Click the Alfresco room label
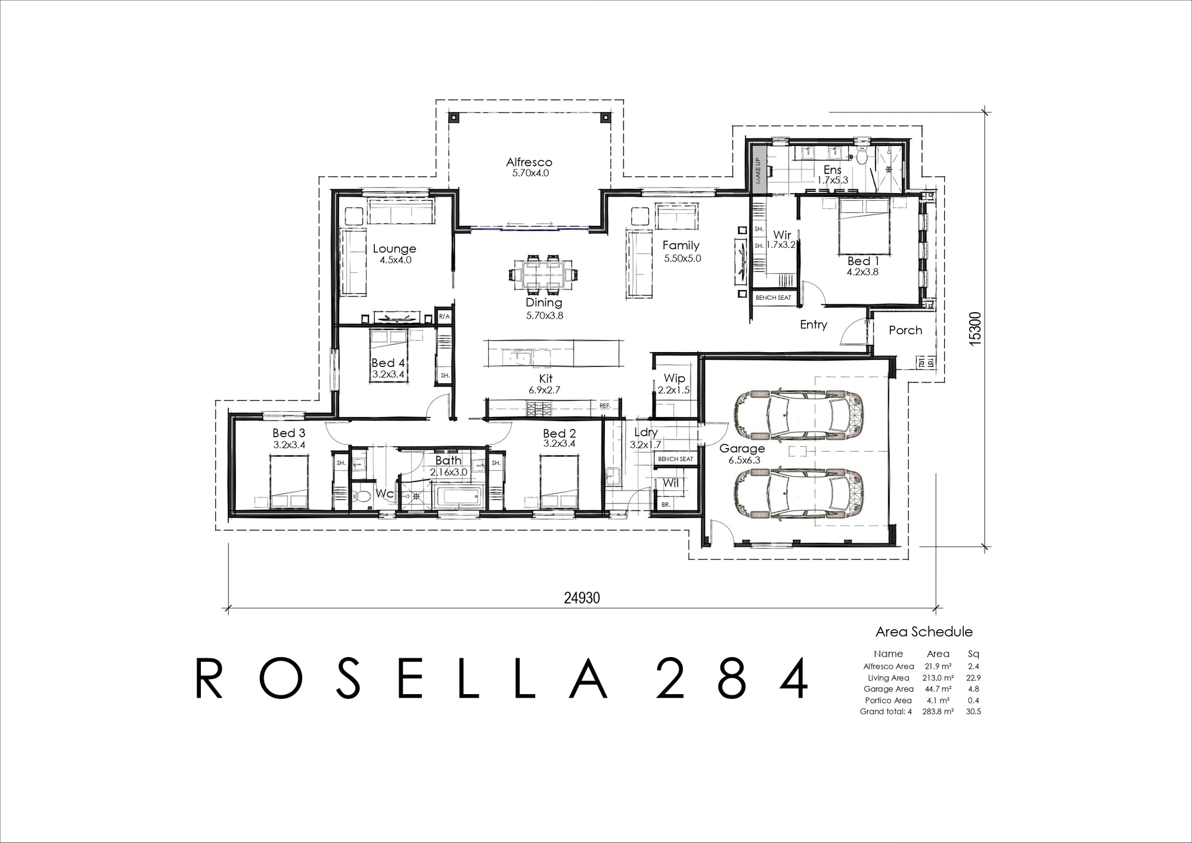(x=529, y=162)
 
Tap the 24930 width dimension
(x=582, y=598)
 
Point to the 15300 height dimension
(x=974, y=329)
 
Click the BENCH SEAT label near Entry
(x=773, y=297)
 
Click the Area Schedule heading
(x=924, y=632)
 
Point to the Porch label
(x=905, y=330)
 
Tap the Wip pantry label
(x=674, y=379)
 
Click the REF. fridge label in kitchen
(x=605, y=406)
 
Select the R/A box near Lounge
(x=444, y=317)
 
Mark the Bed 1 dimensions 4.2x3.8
(x=862, y=272)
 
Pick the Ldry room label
(x=645, y=433)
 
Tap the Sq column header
(x=973, y=654)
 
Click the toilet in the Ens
(x=862, y=157)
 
